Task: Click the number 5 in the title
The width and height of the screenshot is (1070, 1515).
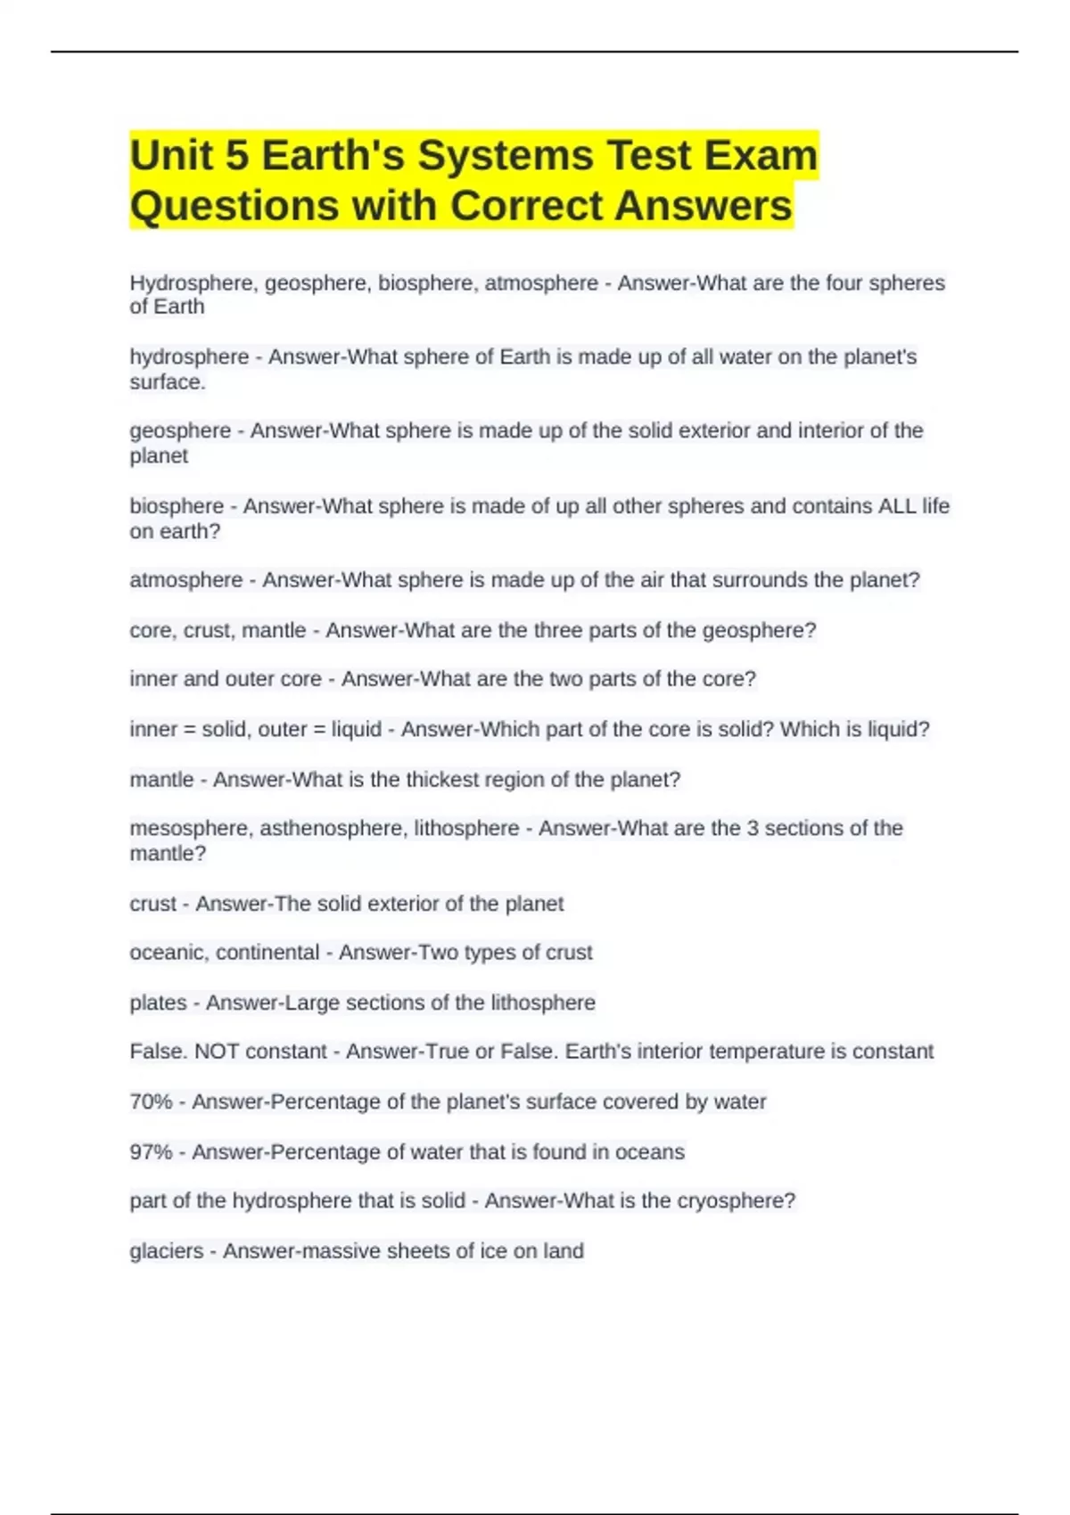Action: point(237,156)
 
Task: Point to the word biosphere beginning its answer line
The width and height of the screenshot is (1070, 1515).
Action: point(177,506)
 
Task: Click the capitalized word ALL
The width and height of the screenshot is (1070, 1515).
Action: point(896,506)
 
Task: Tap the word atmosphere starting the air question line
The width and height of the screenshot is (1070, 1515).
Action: point(185,580)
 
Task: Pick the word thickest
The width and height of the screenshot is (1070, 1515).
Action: point(448,780)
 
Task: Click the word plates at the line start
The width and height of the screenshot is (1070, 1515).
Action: point(158,1003)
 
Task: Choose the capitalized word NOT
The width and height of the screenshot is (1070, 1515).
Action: point(217,1052)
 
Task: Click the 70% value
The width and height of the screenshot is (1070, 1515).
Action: point(151,1102)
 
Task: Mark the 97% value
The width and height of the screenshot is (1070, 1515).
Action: point(151,1152)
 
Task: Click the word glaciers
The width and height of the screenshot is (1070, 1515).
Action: point(166,1251)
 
